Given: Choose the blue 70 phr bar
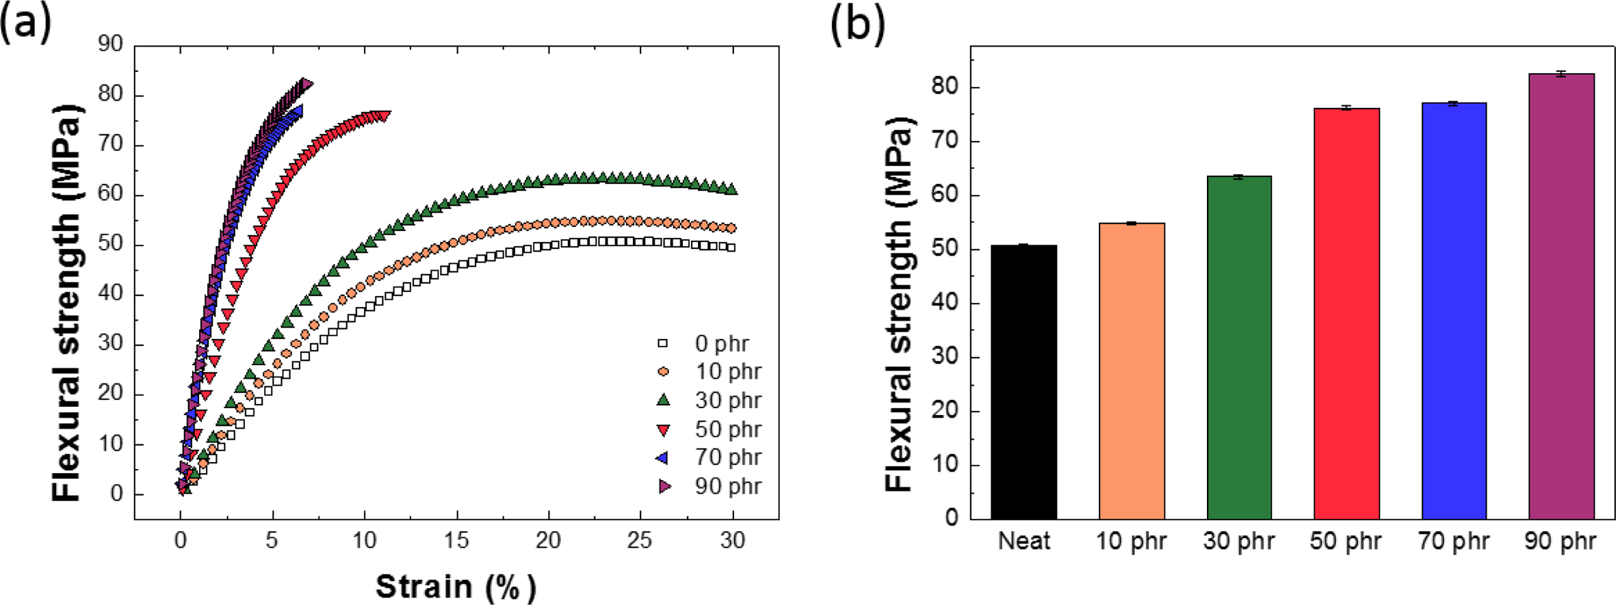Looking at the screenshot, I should click(1454, 310).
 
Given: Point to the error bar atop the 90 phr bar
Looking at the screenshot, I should click(1561, 74).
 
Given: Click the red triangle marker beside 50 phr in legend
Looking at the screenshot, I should click(663, 429).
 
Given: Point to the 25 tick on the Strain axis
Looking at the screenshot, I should click(640, 541).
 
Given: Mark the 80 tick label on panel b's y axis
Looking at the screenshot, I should click(945, 88).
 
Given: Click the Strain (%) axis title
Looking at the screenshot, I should click(456, 587).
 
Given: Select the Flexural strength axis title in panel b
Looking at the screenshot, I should click(899, 304).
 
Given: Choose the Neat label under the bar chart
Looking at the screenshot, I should click(1024, 541).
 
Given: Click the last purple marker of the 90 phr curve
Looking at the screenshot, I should click(306, 84).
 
